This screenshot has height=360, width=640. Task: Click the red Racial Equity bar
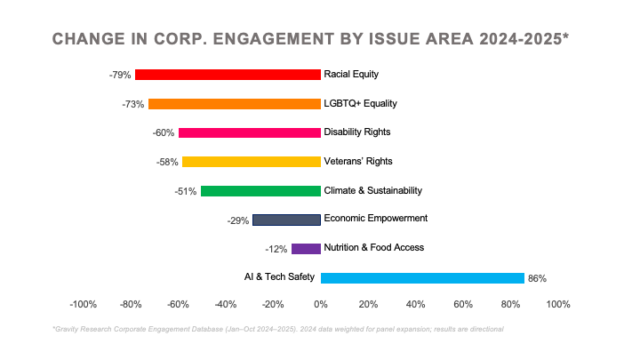click(228, 75)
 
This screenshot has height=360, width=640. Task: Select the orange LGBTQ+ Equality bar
click(235, 104)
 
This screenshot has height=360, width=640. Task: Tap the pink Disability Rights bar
click(250, 132)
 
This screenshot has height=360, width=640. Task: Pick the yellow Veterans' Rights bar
click(252, 162)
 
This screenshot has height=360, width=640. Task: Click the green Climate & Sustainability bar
click(260, 191)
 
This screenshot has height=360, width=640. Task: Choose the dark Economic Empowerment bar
click(286, 220)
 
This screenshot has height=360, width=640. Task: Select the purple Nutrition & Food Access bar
click(306, 249)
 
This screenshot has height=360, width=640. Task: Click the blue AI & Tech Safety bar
click(422, 278)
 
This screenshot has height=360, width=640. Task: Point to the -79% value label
click(120, 76)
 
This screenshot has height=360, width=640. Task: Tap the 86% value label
click(537, 279)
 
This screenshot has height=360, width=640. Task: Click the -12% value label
click(276, 250)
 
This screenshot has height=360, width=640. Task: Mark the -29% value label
click(237, 220)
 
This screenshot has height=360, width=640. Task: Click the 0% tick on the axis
click(321, 305)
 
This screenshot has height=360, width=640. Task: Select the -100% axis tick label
click(84, 305)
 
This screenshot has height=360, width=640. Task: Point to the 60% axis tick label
click(463, 305)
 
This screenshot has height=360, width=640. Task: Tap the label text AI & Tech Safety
click(279, 277)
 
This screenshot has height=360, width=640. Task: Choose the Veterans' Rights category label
click(358, 162)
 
